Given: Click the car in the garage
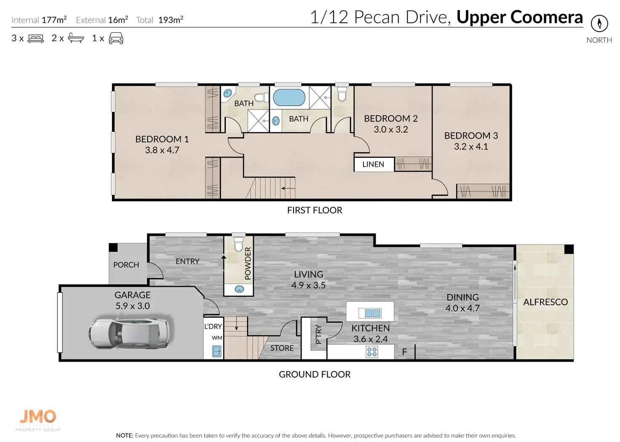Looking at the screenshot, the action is (x=130, y=333).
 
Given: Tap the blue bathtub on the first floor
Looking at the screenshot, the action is (x=289, y=97).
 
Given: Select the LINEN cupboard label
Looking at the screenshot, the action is (x=373, y=164).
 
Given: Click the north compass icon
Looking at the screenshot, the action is (x=599, y=24).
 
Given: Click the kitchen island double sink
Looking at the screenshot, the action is (x=369, y=313).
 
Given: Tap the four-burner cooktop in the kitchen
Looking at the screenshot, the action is (x=372, y=352).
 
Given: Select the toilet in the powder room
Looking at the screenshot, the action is (x=238, y=244).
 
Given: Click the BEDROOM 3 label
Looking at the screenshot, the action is (x=471, y=136).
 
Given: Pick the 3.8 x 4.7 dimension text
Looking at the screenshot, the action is (x=162, y=150).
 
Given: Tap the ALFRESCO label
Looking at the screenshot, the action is (x=545, y=302).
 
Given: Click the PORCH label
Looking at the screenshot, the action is (x=126, y=265).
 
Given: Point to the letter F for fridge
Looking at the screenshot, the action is (x=404, y=352).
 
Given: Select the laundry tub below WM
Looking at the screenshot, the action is (x=217, y=351).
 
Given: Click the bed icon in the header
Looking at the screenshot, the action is (x=36, y=38).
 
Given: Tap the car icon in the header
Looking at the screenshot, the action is (x=116, y=38).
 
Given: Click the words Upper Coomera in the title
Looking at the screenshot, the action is (x=519, y=17).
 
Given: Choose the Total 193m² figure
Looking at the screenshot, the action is (x=160, y=20).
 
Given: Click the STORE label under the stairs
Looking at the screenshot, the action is (x=282, y=348).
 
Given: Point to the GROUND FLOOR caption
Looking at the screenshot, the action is (x=315, y=374).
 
